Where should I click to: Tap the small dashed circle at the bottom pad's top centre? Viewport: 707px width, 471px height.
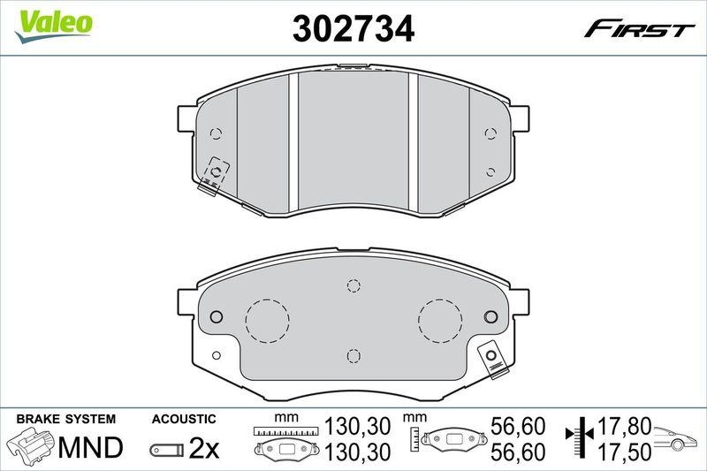(x=353, y=285)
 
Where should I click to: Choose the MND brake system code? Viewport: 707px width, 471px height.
(x=89, y=448)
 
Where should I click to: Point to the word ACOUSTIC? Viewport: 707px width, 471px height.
(x=183, y=418)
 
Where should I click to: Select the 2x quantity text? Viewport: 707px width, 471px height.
(x=203, y=449)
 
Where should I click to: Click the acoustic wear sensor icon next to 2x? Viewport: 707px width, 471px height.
(x=167, y=450)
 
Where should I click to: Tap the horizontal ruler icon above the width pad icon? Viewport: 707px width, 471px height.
(x=284, y=431)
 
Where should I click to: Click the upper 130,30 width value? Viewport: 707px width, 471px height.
(x=359, y=427)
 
